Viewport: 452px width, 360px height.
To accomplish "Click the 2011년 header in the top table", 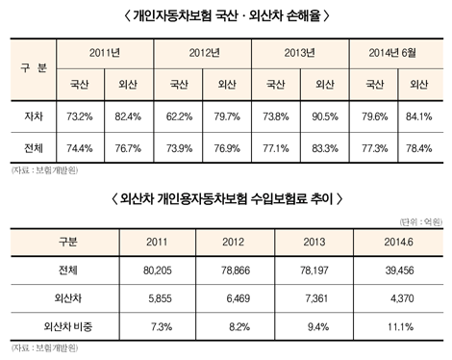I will click(x=103, y=51).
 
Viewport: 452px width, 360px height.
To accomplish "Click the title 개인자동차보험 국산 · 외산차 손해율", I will click(x=226, y=14).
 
